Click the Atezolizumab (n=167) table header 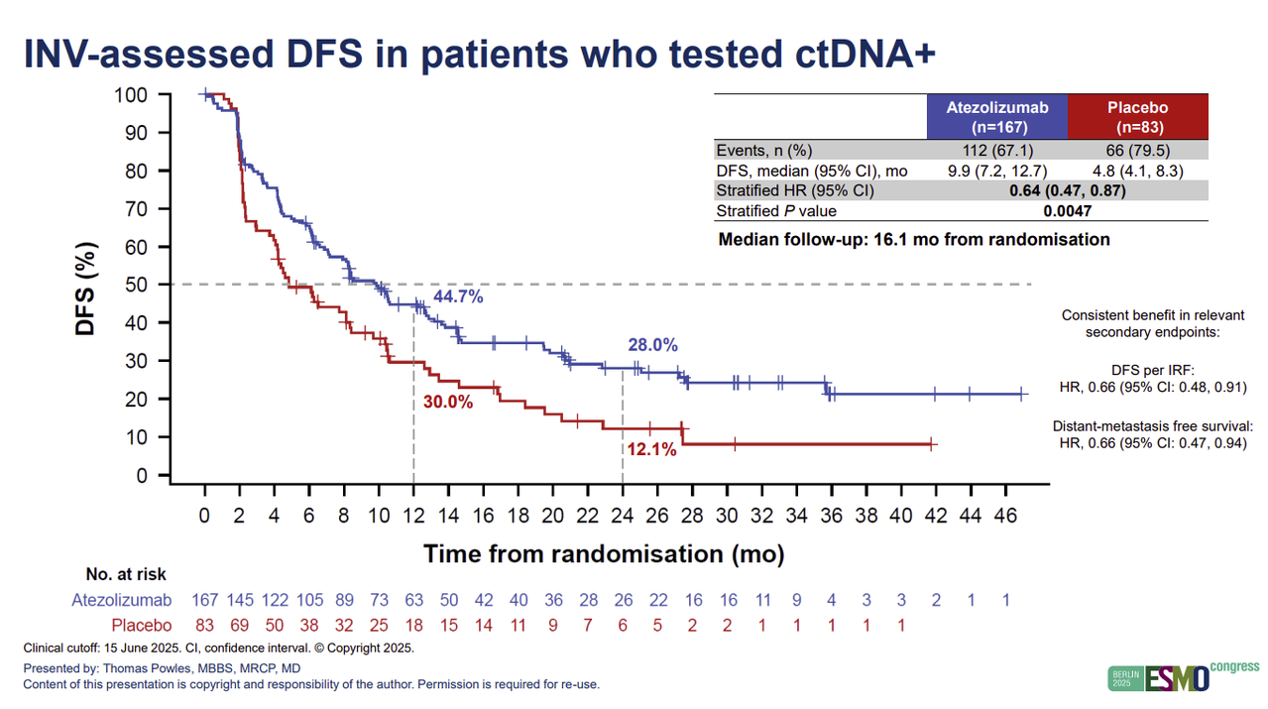click(x=997, y=117)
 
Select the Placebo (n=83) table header click(x=1137, y=117)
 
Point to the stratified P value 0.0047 click(x=1067, y=211)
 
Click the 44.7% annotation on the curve click(x=458, y=296)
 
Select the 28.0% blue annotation click(x=652, y=345)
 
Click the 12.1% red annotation click(x=651, y=450)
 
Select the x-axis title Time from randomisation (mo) click(x=604, y=553)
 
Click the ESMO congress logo click(x=1183, y=676)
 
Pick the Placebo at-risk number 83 click(x=204, y=625)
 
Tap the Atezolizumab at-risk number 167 click(x=204, y=599)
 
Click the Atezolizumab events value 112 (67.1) click(x=997, y=151)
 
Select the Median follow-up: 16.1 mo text click(x=913, y=239)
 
